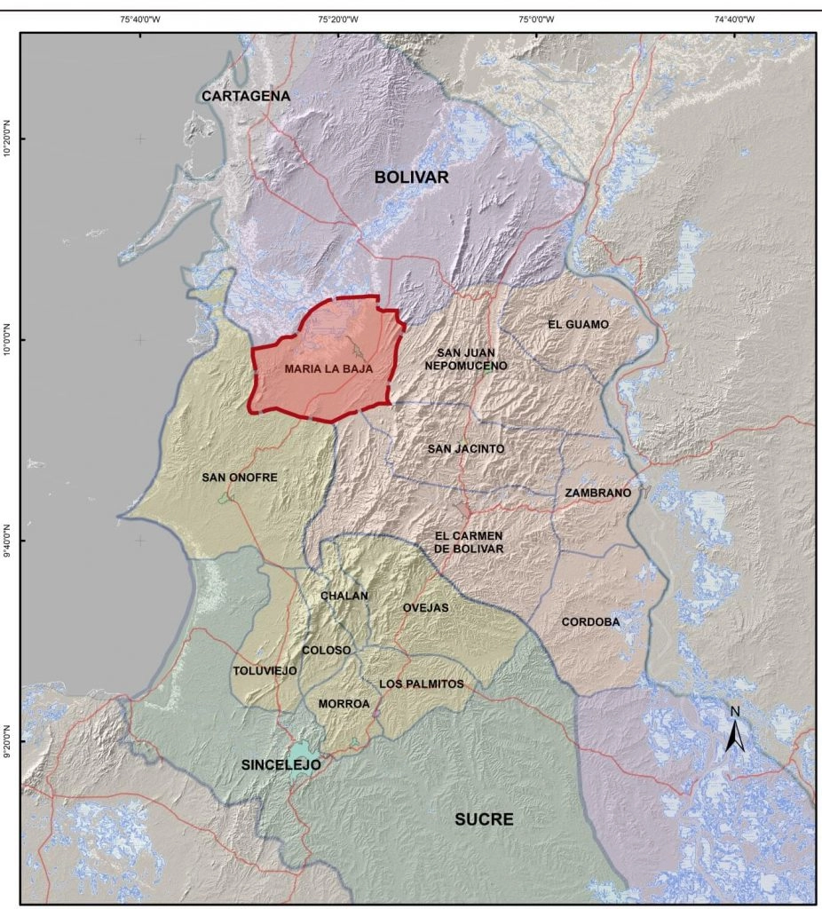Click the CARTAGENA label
coord(246,96)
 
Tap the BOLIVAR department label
coord(411,178)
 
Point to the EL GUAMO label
coord(578,325)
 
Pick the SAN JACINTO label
coord(465,449)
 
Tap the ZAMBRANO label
coord(597,493)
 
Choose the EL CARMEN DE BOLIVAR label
coord(469,542)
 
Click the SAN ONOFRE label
coord(240,478)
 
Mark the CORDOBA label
coord(590,622)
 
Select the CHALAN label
coord(344,597)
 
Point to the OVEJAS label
coord(425,608)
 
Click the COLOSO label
coord(327,651)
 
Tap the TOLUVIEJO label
coord(265,670)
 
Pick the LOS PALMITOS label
coord(422,684)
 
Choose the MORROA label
coord(344,704)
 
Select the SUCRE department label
coord(484,819)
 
